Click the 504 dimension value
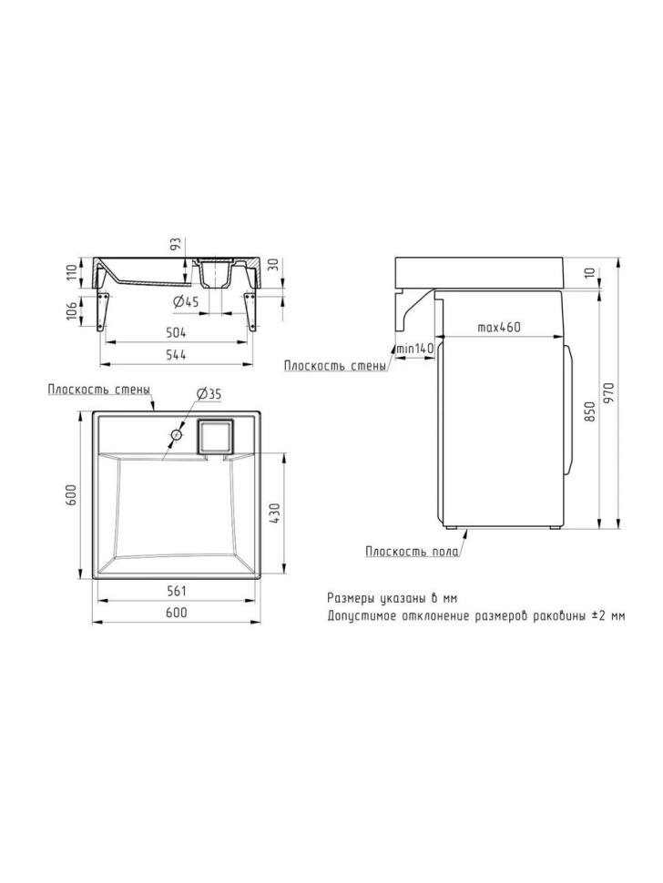click(177, 333)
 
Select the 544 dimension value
click(177, 355)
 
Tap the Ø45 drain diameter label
click(186, 302)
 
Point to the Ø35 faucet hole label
click(209, 395)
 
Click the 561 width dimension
click(177, 591)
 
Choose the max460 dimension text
click(498, 327)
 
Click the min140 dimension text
click(414, 349)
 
